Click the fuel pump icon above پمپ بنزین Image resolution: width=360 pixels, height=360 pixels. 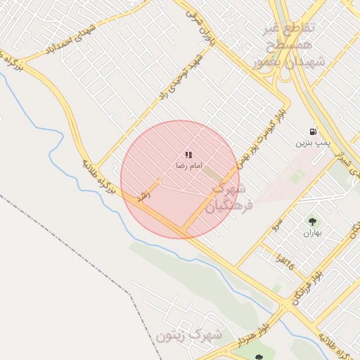[312, 131]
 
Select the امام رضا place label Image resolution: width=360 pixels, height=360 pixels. [188, 165]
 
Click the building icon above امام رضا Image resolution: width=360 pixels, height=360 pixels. [188, 154]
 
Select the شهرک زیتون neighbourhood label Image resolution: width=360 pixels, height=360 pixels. [190, 335]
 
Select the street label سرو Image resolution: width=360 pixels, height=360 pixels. [277, 224]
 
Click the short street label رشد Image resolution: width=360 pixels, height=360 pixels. [146, 195]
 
